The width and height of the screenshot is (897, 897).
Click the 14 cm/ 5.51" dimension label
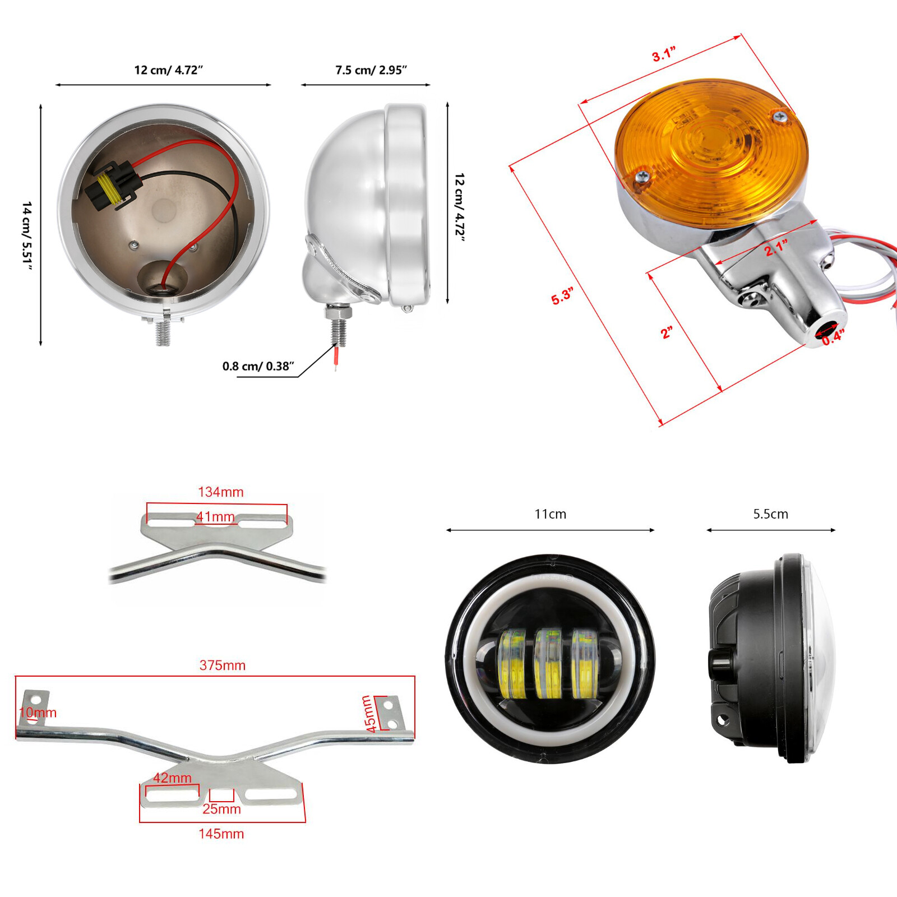click(26, 235)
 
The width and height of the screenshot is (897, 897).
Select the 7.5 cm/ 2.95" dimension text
click(371, 70)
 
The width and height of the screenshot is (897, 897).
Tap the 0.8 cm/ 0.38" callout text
click(258, 366)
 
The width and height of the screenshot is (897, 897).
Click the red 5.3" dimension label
click(562, 296)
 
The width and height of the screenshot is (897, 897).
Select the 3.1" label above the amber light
click(664, 54)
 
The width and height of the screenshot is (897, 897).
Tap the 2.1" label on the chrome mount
click(776, 247)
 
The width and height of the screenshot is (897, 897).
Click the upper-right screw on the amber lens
click(780, 117)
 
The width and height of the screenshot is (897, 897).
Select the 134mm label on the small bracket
click(221, 492)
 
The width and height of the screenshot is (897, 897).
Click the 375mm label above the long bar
click(223, 665)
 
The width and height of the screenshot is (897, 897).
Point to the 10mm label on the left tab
click(38, 713)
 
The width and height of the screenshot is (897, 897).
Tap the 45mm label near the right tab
click(368, 714)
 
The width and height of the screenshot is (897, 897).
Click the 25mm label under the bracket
click(221, 809)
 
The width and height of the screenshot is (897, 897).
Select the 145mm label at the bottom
click(221, 834)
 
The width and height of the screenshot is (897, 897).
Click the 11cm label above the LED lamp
click(550, 514)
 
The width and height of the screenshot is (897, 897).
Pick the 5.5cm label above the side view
click(770, 514)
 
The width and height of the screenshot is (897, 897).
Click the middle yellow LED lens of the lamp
click(548, 664)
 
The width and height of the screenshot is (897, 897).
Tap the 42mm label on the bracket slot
click(172, 778)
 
